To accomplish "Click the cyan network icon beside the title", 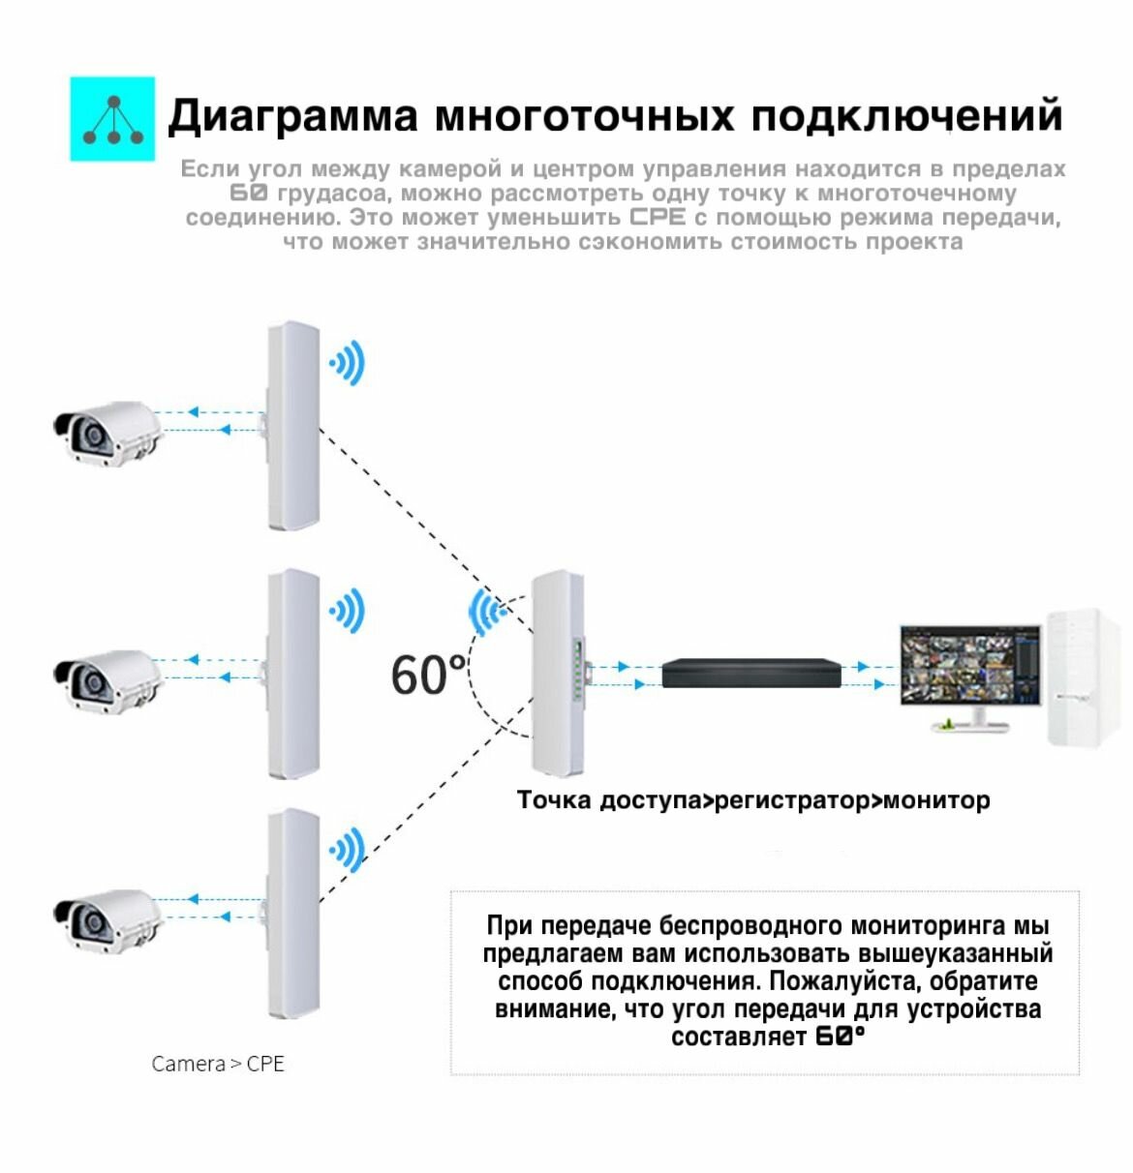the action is [x=112, y=119].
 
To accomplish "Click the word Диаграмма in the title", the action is [x=292, y=116].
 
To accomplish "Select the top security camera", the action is [x=107, y=432].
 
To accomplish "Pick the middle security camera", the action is [x=107, y=679].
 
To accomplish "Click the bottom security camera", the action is [x=107, y=918].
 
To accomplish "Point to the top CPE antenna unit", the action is [x=292, y=426].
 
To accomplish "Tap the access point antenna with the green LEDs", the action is [x=558, y=672].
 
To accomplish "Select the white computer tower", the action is [x=1084, y=677].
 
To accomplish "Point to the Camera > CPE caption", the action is [x=218, y=1064].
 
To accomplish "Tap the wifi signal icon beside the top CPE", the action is [x=347, y=364].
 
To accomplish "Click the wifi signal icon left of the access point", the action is [x=486, y=612].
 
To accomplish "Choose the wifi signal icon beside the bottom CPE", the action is [x=347, y=851].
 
